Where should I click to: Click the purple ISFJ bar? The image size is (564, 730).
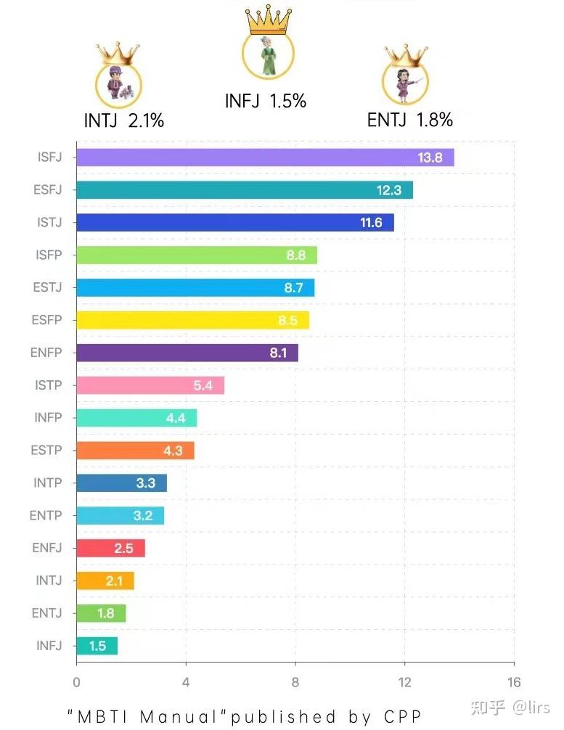[265, 157]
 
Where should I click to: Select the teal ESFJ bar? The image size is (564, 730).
[245, 190]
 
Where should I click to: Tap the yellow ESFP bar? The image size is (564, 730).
[192, 320]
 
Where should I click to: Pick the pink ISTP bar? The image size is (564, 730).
[150, 385]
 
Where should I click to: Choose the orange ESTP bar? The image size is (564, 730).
[135, 451]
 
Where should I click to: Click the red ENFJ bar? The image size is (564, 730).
[110, 548]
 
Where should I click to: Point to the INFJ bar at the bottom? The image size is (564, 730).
[97, 646]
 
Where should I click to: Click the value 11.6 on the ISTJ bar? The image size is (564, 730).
[371, 223]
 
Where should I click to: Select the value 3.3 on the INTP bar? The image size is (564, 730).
[146, 483]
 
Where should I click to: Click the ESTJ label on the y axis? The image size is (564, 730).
[49, 287]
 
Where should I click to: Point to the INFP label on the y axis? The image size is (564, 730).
[48, 418]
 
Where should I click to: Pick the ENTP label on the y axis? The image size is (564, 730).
[46, 516]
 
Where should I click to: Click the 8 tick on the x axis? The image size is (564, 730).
[295, 682]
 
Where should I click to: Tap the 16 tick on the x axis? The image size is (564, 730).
[514, 682]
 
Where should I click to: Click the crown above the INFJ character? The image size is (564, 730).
[268, 20]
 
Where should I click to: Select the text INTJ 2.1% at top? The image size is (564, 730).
[124, 120]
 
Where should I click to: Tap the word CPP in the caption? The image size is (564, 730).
[403, 716]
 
